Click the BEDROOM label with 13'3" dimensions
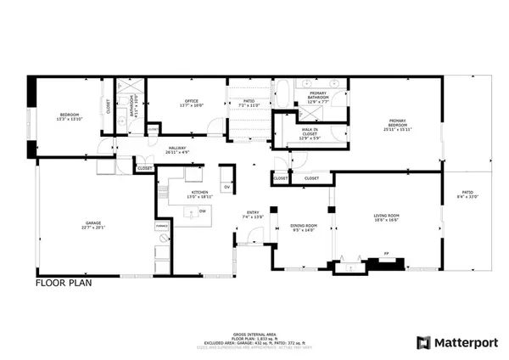(69, 114)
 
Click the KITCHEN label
(200, 192)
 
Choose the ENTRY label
(253, 212)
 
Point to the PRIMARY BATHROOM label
(318, 94)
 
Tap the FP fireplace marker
(386, 252)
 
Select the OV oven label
(227, 186)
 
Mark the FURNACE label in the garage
(159, 226)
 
